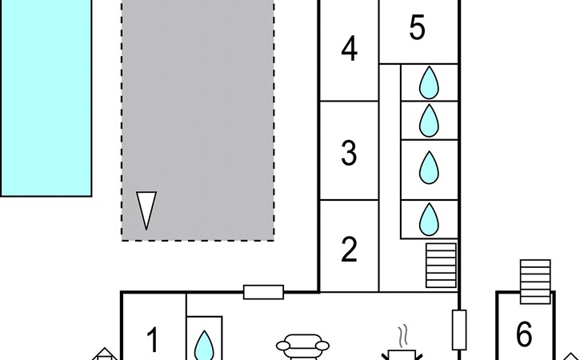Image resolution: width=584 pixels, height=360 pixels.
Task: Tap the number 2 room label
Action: (349, 250)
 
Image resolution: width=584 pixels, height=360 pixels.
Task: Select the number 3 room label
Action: (349, 152)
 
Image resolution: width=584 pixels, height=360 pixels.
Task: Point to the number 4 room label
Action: (349, 50)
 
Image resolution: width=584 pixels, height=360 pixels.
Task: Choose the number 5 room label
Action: (417, 28)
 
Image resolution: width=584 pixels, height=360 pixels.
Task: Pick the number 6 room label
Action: (524, 335)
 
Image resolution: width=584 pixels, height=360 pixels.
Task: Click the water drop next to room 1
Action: (206, 345)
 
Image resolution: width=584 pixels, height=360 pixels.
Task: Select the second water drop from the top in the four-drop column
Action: (430, 120)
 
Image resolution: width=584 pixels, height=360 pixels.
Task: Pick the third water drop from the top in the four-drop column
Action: (430, 168)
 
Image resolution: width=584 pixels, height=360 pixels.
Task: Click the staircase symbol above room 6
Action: (535, 280)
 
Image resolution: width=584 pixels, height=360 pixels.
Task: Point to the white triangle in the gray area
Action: (146, 210)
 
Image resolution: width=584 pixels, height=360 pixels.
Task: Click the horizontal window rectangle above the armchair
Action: (263, 292)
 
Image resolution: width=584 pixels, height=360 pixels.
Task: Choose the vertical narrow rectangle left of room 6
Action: (459, 330)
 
